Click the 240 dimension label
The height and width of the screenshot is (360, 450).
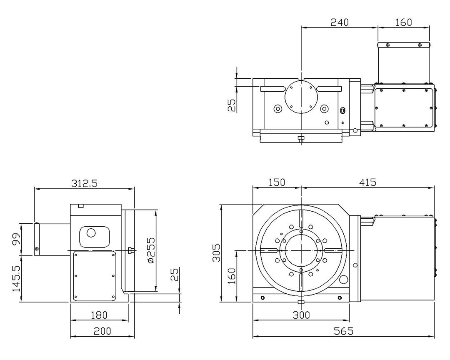[340, 22]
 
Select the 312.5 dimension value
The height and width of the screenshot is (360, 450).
[84, 183]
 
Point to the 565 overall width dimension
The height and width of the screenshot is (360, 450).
[343, 331]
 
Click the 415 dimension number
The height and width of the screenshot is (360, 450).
[367, 182]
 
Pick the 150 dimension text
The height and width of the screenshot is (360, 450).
[277, 182]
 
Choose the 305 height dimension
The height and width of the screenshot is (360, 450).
[217, 252]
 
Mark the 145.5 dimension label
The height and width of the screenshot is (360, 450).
[16, 278]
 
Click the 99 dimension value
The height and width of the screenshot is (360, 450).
[16, 239]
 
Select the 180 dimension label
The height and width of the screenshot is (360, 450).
[99, 315]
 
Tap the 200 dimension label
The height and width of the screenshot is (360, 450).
[102, 331]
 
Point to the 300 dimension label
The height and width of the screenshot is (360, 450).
[301, 315]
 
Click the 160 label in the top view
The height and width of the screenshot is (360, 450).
[403, 22]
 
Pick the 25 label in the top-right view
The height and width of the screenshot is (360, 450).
[232, 105]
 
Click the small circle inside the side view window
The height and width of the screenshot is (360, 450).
[91, 233]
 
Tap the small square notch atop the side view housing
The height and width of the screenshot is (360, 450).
[81, 205]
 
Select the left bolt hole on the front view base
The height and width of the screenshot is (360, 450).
[262, 297]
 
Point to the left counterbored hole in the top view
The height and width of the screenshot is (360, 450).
[278, 109]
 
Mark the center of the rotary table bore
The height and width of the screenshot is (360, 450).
[301, 250]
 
